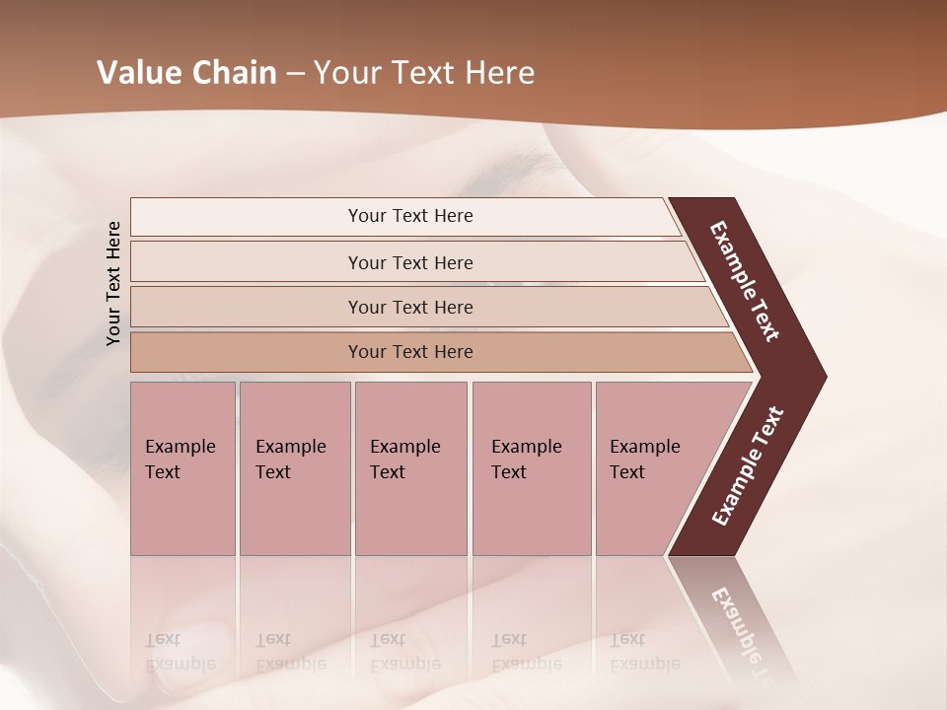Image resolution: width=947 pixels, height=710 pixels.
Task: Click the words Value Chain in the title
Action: pos(186,73)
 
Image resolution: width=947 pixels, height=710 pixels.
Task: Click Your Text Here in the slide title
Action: pos(424,73)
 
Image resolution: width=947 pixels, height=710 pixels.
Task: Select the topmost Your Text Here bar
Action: pos(409,216)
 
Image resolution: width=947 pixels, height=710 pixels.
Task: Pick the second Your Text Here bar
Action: pos(409,262)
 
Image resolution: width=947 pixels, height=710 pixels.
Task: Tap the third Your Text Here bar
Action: pos(409,307)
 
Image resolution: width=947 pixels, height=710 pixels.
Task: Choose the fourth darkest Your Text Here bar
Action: pos(409,352)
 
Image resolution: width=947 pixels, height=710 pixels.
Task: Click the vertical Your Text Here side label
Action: pos(113,283)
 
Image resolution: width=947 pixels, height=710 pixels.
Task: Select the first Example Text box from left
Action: pos(182,468)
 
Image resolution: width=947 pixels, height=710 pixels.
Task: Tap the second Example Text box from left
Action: pos(294,468)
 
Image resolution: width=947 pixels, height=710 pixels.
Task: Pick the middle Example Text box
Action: pos(409,468)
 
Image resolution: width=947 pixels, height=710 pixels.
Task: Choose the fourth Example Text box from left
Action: pos(531,468)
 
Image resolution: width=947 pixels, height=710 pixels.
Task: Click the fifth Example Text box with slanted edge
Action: pos(651,468)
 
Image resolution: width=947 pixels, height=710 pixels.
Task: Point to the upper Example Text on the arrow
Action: pos(745,281)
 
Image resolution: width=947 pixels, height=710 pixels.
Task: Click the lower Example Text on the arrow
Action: pos(747,466)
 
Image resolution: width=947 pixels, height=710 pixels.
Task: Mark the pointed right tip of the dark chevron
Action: pos(824,377)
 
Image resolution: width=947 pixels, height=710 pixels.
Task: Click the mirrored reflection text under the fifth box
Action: pos(644,652)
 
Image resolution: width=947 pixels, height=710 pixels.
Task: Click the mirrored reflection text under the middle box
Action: pos(404,652)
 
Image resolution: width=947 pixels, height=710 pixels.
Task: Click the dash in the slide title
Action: pos(295,74)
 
